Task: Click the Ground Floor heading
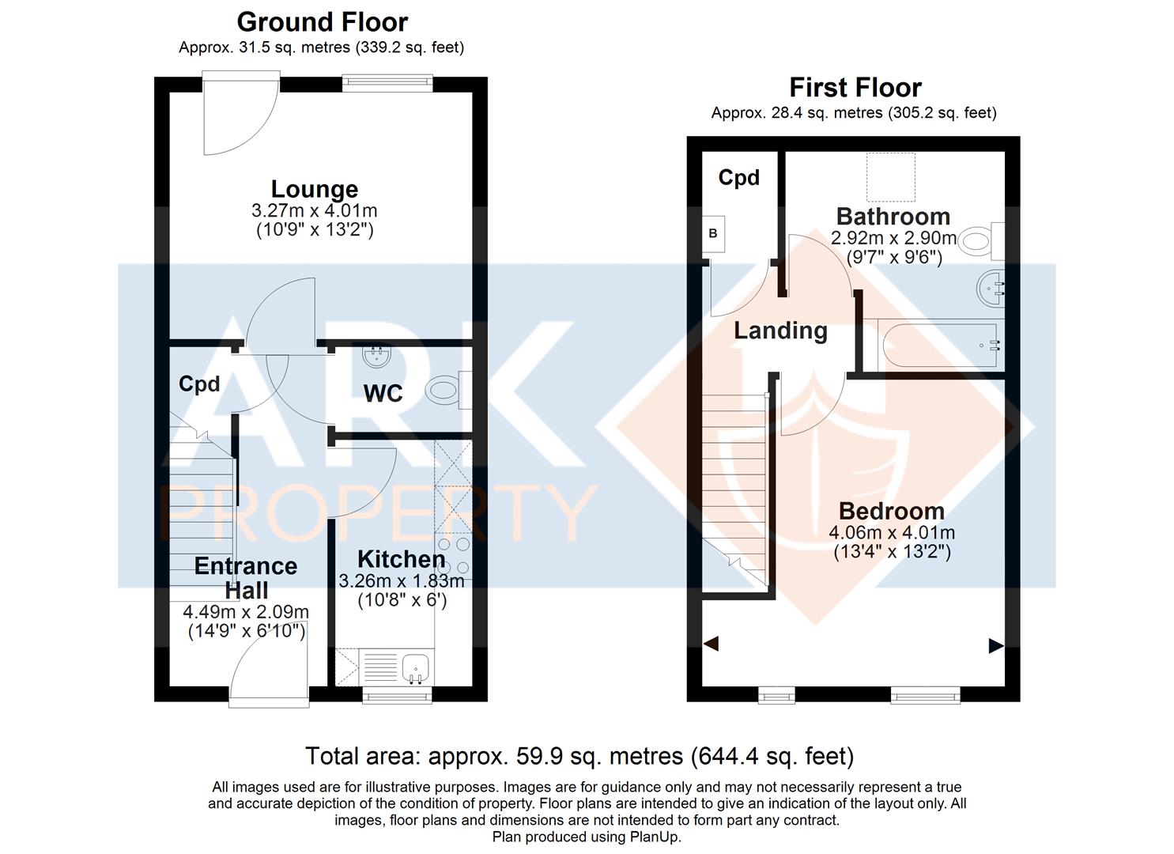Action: pos(323,23)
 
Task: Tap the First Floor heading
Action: pos(855,88)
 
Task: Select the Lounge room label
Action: pos(315,189)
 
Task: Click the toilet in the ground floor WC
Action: pos(448,390)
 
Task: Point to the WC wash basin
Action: pos(376,356)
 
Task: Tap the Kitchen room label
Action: pos(402,559)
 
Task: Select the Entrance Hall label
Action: pos(246,578)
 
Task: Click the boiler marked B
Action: pos(713,233)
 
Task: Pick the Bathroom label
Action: pos(893,217)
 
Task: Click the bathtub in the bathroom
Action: pos(941,346)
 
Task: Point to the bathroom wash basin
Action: pos(991,288)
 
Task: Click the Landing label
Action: pos(780,331)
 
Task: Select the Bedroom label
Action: pos(892,511)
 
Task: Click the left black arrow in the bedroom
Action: pos(711,644)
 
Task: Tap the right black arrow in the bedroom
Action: pos(996,646)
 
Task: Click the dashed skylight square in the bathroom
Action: pos(890,177)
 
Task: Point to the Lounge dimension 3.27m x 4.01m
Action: pos(315,211)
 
